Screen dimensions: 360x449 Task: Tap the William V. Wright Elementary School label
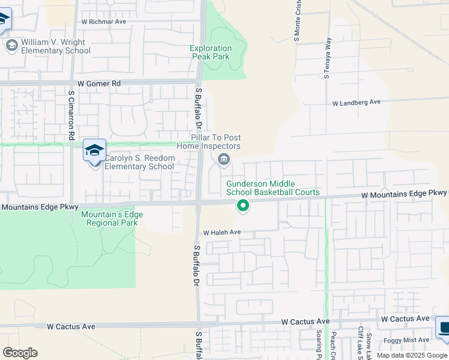pyautogui.click(x=55, y=46)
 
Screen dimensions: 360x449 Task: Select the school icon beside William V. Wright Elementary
pyautogui.click(x=11, y=45)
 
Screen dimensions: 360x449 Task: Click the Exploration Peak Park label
pyautogui.click(x=211, y=52)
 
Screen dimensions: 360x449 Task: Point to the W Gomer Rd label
pyautogui.click(x=99, y=83)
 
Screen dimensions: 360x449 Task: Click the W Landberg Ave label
pyautogui.click(x=357, y=103)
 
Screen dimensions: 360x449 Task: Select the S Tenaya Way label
pyautogui.click(x=328, y=59)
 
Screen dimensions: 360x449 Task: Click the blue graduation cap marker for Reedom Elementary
pyautogui.click(x=94, y=151)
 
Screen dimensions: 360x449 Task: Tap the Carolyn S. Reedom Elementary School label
pyautogui.click(x=139, y=162)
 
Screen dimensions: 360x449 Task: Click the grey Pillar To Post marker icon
pyautogui.click(x=224, y=159)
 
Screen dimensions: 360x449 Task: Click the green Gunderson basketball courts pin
pyautogui.click(x=243, y=205)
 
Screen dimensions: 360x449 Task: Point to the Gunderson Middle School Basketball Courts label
pyautogui.click(x=273, y=188)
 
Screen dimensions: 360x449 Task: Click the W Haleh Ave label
pyautogui.click(x=221, y=232)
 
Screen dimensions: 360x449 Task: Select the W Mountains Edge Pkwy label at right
pyautogui.click(x=403, y=193)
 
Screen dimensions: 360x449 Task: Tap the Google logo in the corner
pyautogui.click(x=20, y=353)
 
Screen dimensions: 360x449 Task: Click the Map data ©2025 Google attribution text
pyautogui.click(x=412, y=355)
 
